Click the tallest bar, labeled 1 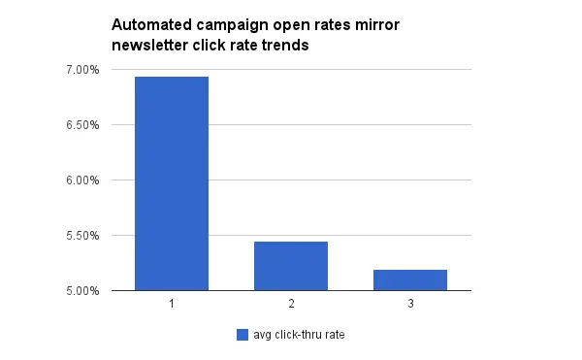tap(172, 183)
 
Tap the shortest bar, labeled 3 tap(410, 279)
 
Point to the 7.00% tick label tap(81, 70)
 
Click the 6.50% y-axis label tap(81, 125)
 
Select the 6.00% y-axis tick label tap(81, 180)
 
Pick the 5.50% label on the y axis tap(81, 236)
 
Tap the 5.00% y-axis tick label tap(81, 290)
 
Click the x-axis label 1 tap(172, 304)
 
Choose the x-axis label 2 tap(291, 304)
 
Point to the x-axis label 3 tap(410, 304)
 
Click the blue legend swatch tap(242, 335)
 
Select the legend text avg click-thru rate tap(299, 335)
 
